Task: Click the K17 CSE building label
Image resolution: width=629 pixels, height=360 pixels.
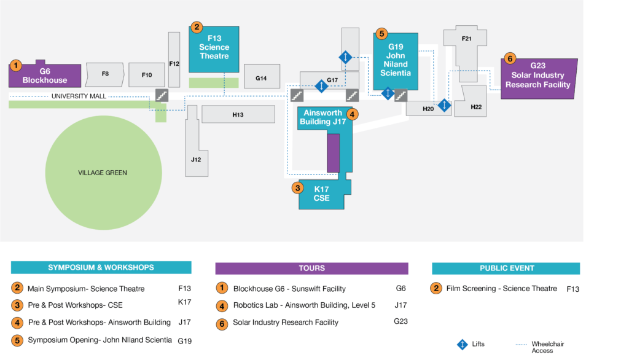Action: click(x=322, y=194)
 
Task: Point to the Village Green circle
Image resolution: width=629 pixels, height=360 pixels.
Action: click(x=103, y=173)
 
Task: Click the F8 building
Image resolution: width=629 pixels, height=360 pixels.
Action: click(x=105, y=74)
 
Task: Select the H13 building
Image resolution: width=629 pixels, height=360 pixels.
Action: click(x=238, y=114)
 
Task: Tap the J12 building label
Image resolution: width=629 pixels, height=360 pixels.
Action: click(x=195, y=159)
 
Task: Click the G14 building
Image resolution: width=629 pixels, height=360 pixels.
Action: click(x=261, y=78)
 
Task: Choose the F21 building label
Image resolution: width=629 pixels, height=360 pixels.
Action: click(x=466, y=39)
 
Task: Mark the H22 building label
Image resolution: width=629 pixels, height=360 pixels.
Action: click(x=476, y=107)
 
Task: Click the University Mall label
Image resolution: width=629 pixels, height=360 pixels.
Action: click(x=79, y=96)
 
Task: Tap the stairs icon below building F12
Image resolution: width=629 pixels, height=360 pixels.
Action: click(x=162, y=95)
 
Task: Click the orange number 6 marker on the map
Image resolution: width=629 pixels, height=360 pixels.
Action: click(x=509, y=58)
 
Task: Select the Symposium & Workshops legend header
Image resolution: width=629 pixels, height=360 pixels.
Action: click(x=101, y=267)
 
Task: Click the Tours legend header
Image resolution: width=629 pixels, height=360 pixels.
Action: click(x=311, y=268)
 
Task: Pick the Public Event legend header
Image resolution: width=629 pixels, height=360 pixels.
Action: click(x=506, y=268)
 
